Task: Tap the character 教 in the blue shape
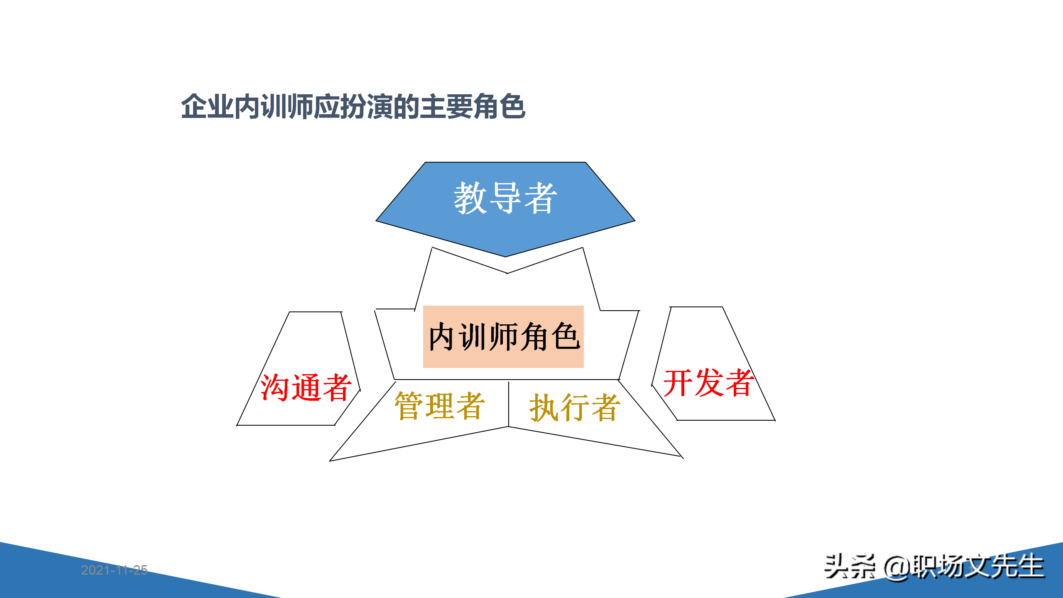tap(470, 198)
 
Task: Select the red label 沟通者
tap(306, 387)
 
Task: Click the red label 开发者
tap(708, 382)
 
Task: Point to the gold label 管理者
tap(439, 405)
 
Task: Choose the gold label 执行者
tap(575, 407)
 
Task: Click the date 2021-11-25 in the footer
tap(114, 570)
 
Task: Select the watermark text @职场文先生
tap(963, 566)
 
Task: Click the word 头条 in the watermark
tap(850, 566)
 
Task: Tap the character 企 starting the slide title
tap(194, 107)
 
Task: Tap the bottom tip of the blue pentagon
tap(505, 255)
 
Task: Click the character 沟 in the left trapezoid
tap(274, 387)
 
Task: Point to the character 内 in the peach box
tap(441, 336)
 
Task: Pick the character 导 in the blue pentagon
tap(505, 198)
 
